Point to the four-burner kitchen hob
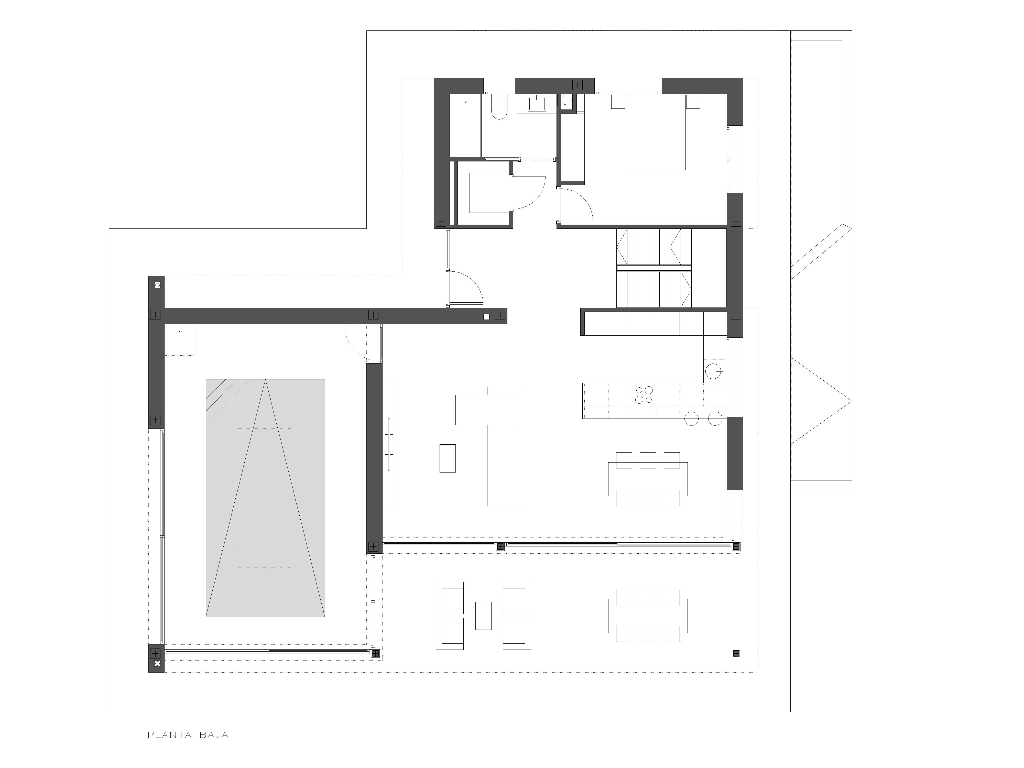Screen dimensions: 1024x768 click(644, 395)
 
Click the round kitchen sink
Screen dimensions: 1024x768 click(713, 371)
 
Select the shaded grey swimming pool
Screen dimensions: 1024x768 click(265, 498)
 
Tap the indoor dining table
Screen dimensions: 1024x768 click(648, 479)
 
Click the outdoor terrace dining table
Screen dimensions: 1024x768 click(648, 616)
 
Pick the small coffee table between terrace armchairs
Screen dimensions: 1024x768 click(483, 616)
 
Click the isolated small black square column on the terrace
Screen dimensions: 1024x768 click(736, 654)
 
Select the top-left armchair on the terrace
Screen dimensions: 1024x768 click(450, 598)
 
